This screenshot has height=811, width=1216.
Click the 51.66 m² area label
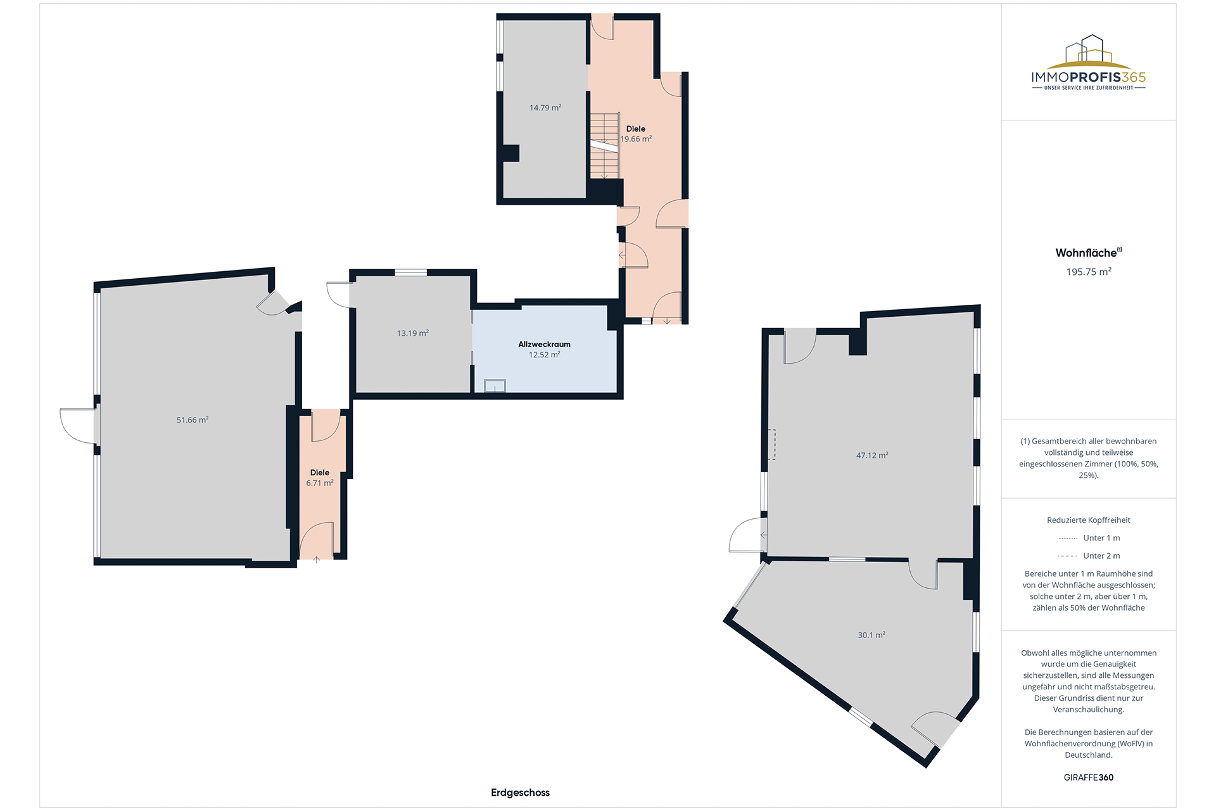(193, 420)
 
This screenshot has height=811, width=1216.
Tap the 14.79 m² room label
(545, 108)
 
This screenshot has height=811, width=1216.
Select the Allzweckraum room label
(545, 349)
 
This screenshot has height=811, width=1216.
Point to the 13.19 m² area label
(413, 333)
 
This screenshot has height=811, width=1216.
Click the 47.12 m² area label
(872, 456)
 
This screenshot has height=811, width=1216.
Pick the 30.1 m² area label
(871, 635)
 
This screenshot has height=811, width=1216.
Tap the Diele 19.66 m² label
(636, 134)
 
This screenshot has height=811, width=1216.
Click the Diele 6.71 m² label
(320, 478)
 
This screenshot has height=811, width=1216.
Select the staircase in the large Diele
(605, 146)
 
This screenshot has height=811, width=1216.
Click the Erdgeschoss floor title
(520, 793)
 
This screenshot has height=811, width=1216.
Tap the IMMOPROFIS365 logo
(1089, 63)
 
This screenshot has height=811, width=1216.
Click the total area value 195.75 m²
(1089, 272)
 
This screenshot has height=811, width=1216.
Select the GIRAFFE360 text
(1089, 777)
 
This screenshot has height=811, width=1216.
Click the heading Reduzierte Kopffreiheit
(1089, 520)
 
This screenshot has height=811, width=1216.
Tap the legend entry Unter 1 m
(1089, 538)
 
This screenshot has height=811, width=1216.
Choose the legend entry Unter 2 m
(1089, 556)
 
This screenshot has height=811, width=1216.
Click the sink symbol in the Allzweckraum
(495, 386)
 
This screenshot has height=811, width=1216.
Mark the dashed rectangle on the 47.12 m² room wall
(771, 444)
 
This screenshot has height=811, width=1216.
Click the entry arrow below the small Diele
(317, 559)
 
